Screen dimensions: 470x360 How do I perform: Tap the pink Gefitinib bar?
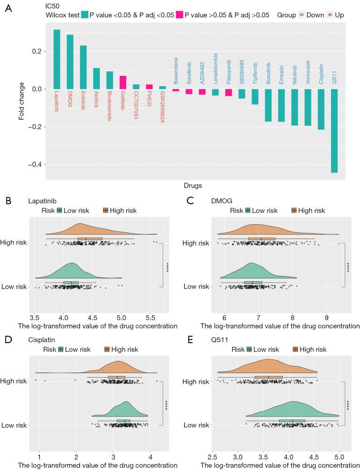point(123,82)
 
